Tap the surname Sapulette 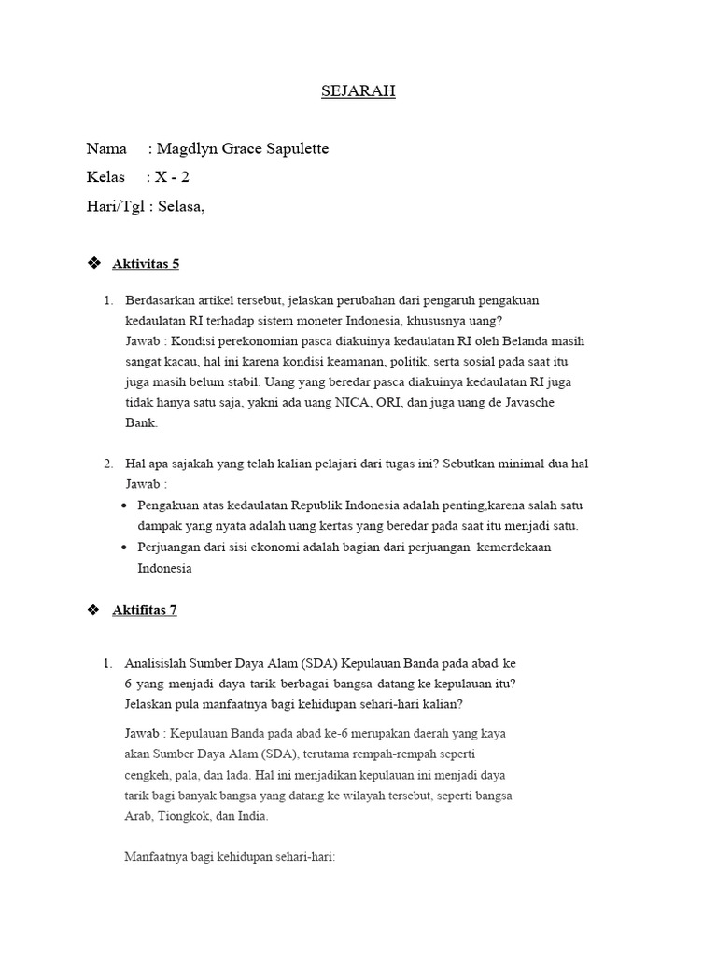296,149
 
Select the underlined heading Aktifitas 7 144,610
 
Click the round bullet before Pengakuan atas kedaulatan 126,505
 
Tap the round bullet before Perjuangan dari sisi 126,547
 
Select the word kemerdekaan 513,547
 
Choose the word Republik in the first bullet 285,505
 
